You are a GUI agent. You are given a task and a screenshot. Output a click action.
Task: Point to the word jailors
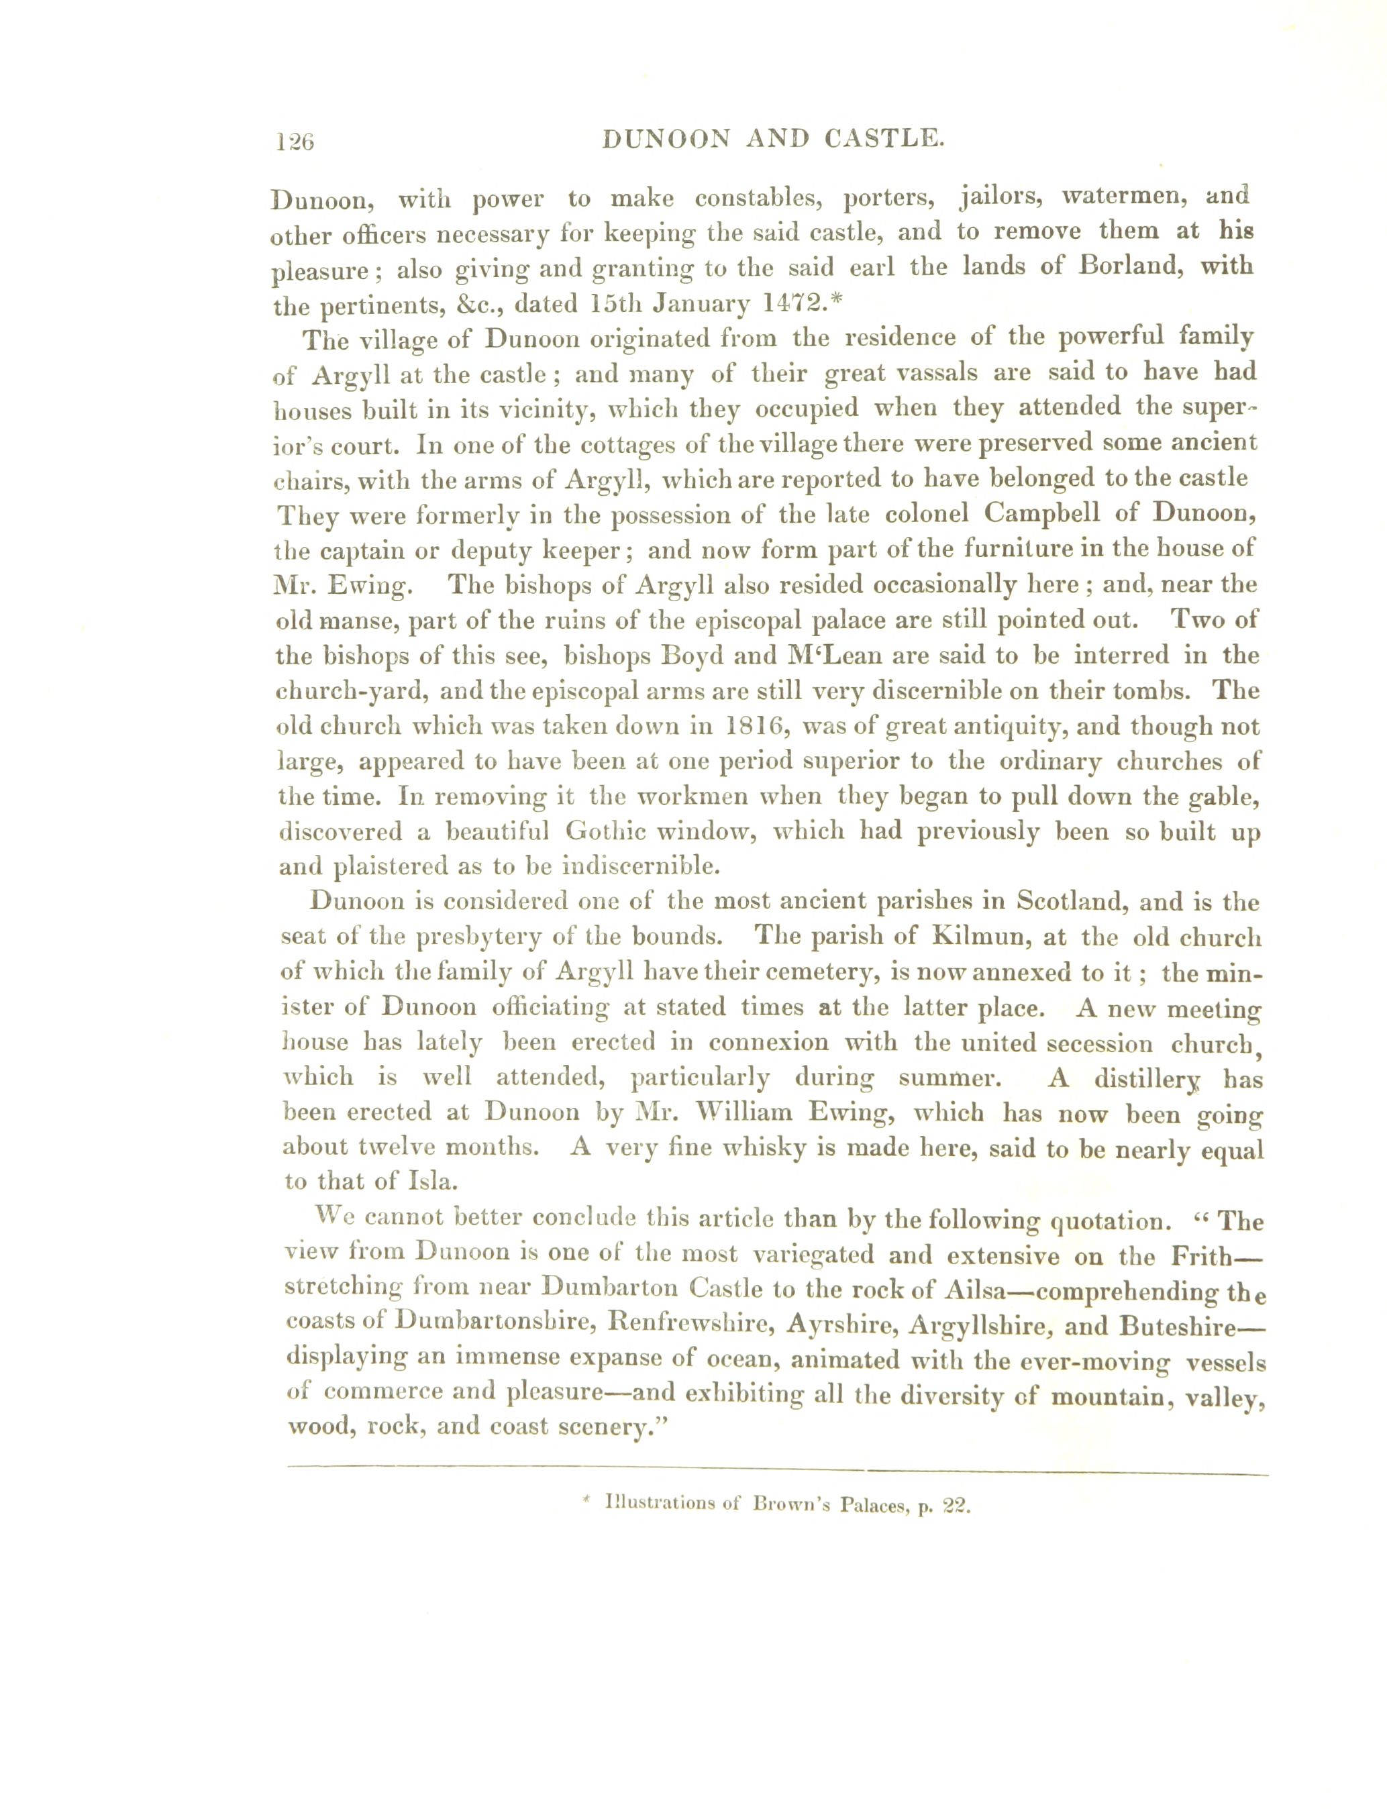coord(1000,198)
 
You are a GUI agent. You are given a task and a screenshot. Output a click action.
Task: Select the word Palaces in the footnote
coord(872,1505)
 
